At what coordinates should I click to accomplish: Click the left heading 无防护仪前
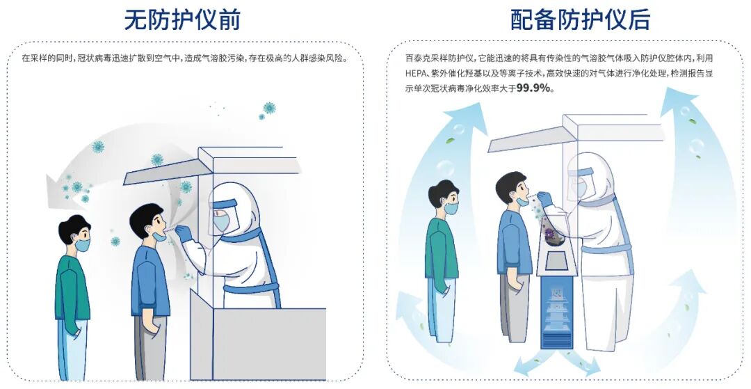coord(182,19)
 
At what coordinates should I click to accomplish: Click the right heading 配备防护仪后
coord(580,19)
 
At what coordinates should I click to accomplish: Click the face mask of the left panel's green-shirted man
coord(82,244)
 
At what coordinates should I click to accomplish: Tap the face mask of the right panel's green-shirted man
coord(451,207)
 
